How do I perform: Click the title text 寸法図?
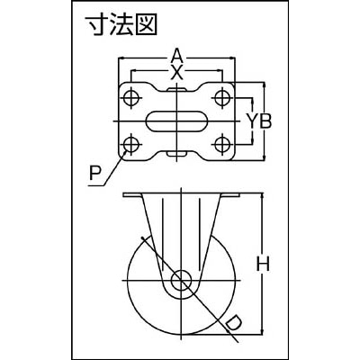point(121,25)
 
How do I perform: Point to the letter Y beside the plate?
point(253,121)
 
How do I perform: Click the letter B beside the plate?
point(265,121)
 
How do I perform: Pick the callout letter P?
point(95,174)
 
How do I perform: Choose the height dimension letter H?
point(263,265)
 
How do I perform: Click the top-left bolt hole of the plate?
point(131,97)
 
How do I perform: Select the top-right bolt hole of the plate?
point(222,97)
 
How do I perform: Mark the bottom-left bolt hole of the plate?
point(131,144)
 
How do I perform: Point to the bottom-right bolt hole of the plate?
point(222,144)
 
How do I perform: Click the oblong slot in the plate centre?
point(177,121)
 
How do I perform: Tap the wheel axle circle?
point(182,281)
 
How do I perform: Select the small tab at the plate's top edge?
point(177,89)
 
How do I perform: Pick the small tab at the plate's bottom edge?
point(177,153)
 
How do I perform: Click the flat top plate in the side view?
point(181,195)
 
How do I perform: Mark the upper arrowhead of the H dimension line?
point(263,196)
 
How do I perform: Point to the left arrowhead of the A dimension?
point(121,58)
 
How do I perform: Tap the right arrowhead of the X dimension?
point(220,71)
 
